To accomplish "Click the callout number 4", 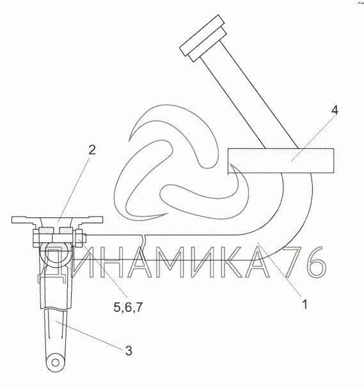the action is click(335, 111).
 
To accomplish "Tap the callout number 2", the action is click(92, 150).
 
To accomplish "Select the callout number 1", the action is click(305, 304).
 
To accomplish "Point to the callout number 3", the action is click(129, 351).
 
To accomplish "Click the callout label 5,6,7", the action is click(129, 307).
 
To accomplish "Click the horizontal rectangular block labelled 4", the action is click(281, 161).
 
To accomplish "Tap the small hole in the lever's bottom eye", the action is click(56, 363).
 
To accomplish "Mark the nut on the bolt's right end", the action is click(79, 238).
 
